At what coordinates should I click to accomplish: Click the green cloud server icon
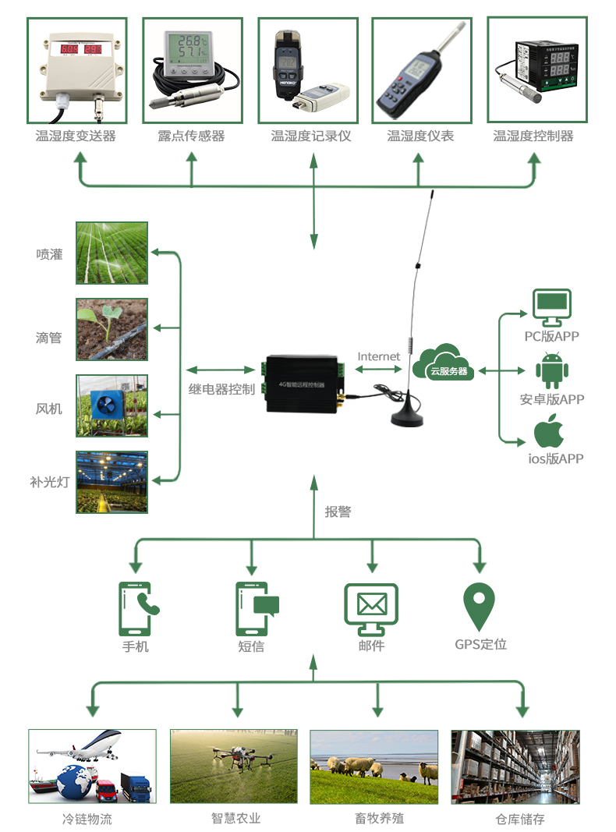pyautogui.click(x=445, y=363)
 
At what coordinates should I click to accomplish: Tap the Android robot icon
pyautogui.click(x=551, y=370)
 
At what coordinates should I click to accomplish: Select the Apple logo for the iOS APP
pyautogui.click(x=550, y=430)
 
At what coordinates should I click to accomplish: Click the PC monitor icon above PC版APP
pyautogui.click(x=551, y=308)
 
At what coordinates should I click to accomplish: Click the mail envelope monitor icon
pyautogui.click(x=371, y=607)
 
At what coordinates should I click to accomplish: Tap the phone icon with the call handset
pyautogui.click(x=136, y=607)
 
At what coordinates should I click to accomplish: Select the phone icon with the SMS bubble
pyautogui.click(x=254, y=607)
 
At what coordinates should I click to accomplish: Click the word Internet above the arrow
pyautogui.click(x=379, y=356)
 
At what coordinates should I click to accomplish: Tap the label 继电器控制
pyautogui.click(x=221, y=389)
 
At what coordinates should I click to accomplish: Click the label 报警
pyautogui.click(x=338, y=512)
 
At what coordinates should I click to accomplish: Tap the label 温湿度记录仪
pyautogui.click(x=311, y=136)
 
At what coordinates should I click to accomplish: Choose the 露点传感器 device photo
pyautogui.click(x=191, y=70)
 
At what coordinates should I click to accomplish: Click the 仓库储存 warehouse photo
pyautogui.click(x=515, y=767)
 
